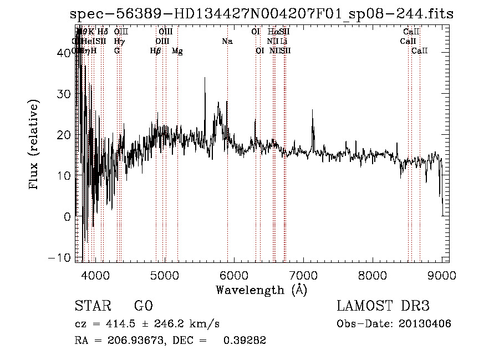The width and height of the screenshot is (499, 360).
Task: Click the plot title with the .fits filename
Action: point(262,14)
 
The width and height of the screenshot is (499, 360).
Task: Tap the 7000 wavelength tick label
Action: point(303,275)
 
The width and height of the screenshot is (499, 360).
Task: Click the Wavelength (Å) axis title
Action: point(261,290)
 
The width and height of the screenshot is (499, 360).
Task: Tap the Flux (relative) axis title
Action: point(35,145)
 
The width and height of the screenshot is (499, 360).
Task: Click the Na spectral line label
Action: point(227,42)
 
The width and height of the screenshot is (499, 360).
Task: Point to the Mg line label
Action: point(177,51)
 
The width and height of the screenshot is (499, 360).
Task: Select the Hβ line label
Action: point(156,51)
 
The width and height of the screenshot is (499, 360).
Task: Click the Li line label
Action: point(284,42)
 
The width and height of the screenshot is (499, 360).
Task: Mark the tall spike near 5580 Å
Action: point(205,80)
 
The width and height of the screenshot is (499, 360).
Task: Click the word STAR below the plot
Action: point(91,306)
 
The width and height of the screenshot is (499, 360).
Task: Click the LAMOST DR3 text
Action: point(383,306)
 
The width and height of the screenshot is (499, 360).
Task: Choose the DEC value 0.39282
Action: point(245,341)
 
